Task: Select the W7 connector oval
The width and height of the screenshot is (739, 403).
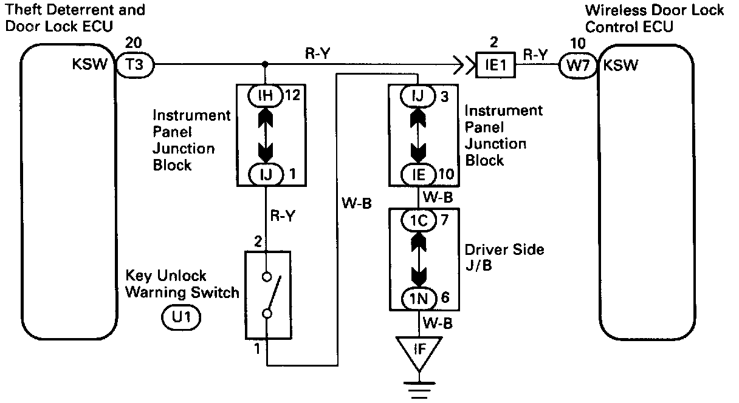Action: tap(577, 64)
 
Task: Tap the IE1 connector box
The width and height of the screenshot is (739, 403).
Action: tap(495, 64)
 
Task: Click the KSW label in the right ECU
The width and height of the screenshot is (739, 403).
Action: tap(620, 64)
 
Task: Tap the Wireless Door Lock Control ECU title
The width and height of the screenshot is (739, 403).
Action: tap(655, 19)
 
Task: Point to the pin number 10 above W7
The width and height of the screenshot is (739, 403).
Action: tap(577, 43)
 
